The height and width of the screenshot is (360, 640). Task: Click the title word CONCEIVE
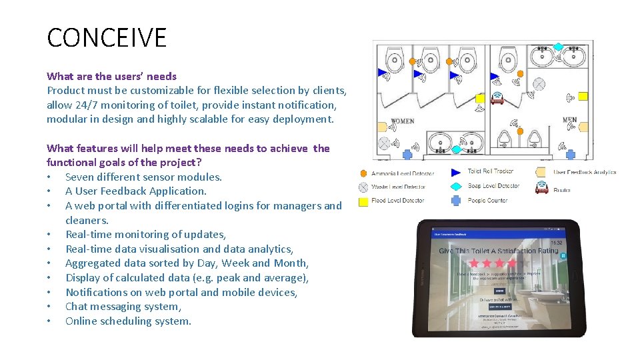[x=107, y=38]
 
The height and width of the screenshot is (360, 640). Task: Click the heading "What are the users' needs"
[x=111, y=76]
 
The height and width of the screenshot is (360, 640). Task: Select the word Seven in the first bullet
[x=81, y=177]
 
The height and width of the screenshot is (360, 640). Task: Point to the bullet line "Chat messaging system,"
[x=123, y=307]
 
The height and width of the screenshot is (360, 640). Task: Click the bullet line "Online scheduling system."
[x=128, y=321]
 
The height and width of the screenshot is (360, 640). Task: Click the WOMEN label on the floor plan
[x=402, y=121]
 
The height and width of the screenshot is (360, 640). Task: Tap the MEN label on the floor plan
[x=569, y=121]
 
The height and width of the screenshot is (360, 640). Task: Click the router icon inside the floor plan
[x=497, y=99]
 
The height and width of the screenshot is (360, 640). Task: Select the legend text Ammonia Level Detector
[x=403, y=174]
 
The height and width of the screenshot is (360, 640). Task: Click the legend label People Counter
[x=487, y=200]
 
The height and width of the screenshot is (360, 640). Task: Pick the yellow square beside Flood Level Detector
[x=363, y=201]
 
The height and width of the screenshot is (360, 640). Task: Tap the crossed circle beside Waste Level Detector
[x=363, y=187]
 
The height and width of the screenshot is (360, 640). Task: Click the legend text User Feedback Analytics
[x=585, y=172]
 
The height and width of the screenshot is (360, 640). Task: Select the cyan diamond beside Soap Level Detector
[x=456, y=186]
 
